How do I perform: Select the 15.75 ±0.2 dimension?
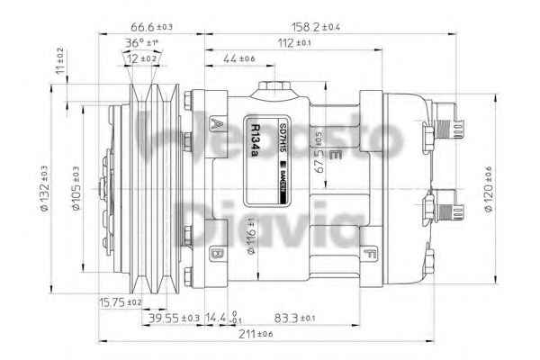121,303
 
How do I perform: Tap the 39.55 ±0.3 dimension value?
174,319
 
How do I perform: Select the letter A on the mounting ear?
217,124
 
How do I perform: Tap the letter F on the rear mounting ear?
370,255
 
